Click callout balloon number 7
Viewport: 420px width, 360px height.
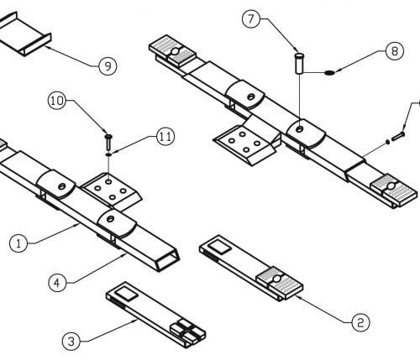251,19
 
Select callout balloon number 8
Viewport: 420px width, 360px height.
395,51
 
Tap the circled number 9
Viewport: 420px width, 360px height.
108,66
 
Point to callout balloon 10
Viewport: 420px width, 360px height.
57,101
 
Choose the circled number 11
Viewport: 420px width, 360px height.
165,137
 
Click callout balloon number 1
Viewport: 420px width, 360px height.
18,243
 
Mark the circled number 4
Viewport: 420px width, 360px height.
57,283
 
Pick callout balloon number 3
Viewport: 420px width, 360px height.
71,342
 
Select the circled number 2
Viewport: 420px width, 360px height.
360,323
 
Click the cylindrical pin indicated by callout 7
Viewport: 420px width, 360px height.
299,64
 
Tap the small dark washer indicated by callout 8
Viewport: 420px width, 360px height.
329,73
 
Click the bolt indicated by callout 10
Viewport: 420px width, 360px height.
108,142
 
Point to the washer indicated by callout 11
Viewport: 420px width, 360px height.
108,154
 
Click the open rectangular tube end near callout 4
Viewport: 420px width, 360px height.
167,260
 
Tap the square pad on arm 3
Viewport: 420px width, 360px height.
126,294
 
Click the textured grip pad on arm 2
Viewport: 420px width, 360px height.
280,282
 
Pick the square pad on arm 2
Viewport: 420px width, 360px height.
219,248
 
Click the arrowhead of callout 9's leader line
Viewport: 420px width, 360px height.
46,47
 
